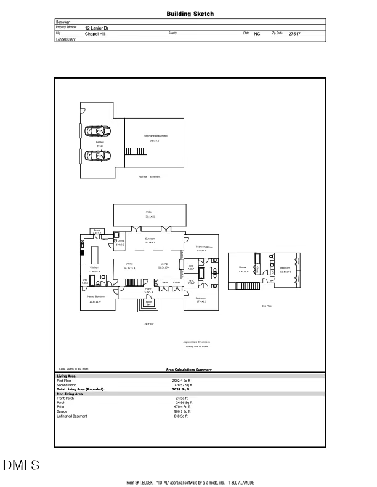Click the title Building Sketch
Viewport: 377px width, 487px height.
click(190, 13)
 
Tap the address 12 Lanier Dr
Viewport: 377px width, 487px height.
click(98, 28)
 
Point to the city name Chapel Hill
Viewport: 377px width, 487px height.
click(95, 34)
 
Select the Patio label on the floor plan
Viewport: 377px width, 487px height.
click(150, 212)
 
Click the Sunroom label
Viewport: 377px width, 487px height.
click(150, 239)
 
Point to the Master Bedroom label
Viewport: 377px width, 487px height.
click(95, 296)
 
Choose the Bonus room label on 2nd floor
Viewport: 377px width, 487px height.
click(242, 267)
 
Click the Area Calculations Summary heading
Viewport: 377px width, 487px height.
click(188, 370)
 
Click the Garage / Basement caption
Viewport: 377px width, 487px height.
click(149, 176)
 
